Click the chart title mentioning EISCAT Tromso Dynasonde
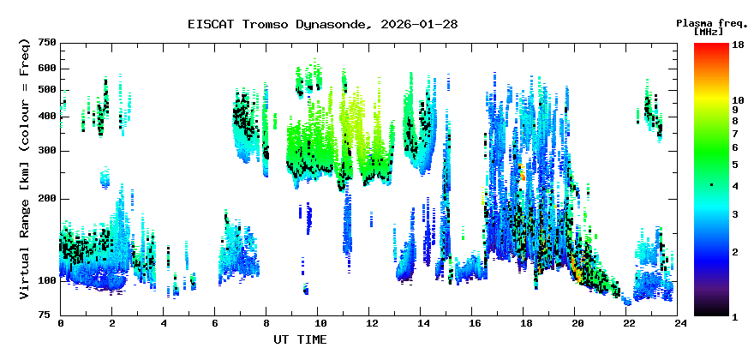tap(322, 24)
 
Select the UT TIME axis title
tap(300, 340)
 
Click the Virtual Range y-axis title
tap(25, 169)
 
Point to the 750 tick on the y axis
tap(47, 43)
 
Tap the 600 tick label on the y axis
tap(47, 69)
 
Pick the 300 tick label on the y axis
tap(47, 151)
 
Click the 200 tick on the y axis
tap(47, 198)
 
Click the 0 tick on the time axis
tap(61, 324)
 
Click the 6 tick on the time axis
tap(216, 324)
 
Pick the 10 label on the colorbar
tap(737, 100)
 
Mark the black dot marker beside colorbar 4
tap(711, 185)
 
